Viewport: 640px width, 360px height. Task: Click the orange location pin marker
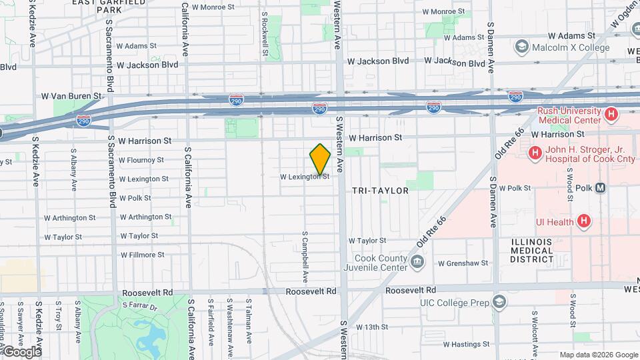pos(321,159)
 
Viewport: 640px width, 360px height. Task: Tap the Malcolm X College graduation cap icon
pos(521,47)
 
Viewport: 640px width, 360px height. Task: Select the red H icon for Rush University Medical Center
pos(610,115)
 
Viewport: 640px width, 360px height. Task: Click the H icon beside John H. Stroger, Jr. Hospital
pos(535,153)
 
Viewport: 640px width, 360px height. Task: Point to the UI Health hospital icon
pos(584,221)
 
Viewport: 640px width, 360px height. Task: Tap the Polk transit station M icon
pos(601,188)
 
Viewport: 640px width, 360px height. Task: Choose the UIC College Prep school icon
pos(498,303)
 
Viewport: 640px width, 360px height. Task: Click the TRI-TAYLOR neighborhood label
pos(380,191)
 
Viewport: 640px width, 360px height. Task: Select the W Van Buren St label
pos(71,96)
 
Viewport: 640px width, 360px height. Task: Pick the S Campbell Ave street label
pos(305,256)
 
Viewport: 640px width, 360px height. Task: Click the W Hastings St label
pos(464,345)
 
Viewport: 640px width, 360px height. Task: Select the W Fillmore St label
pos(142,255)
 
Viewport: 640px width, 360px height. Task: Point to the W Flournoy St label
pos(141,160)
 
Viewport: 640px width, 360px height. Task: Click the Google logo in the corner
pos(22,351)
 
